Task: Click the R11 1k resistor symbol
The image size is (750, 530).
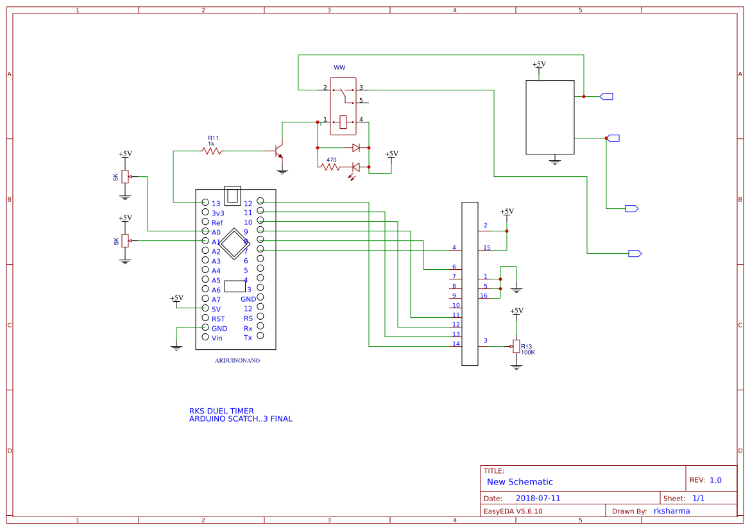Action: (212, 151)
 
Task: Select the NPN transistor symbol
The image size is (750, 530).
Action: (278, 151)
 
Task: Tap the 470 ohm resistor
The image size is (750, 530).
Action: (330, 167)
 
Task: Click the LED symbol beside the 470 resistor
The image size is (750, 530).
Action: (355, 168)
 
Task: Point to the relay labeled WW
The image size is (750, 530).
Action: (343, 106)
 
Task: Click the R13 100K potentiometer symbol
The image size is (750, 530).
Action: (515, 346)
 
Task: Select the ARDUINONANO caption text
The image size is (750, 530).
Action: (237, 361)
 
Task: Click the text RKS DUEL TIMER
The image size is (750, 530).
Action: (221, 411)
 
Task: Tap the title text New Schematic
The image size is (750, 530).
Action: (520, 482)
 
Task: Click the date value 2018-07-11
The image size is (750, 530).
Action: (538, 498)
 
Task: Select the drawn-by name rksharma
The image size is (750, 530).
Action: (672, 511)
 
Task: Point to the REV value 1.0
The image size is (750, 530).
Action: (715, 480)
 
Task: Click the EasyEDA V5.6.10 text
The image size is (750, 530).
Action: (513, 511)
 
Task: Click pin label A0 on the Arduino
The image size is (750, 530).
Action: (216, 232)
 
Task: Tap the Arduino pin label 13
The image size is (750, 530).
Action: (216, 203)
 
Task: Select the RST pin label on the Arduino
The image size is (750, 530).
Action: (218, 319)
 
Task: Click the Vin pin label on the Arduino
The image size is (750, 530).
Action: (217, 338)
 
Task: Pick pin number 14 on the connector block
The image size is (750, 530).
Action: (456, 344)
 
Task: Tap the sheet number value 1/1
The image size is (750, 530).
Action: (698, 498)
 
